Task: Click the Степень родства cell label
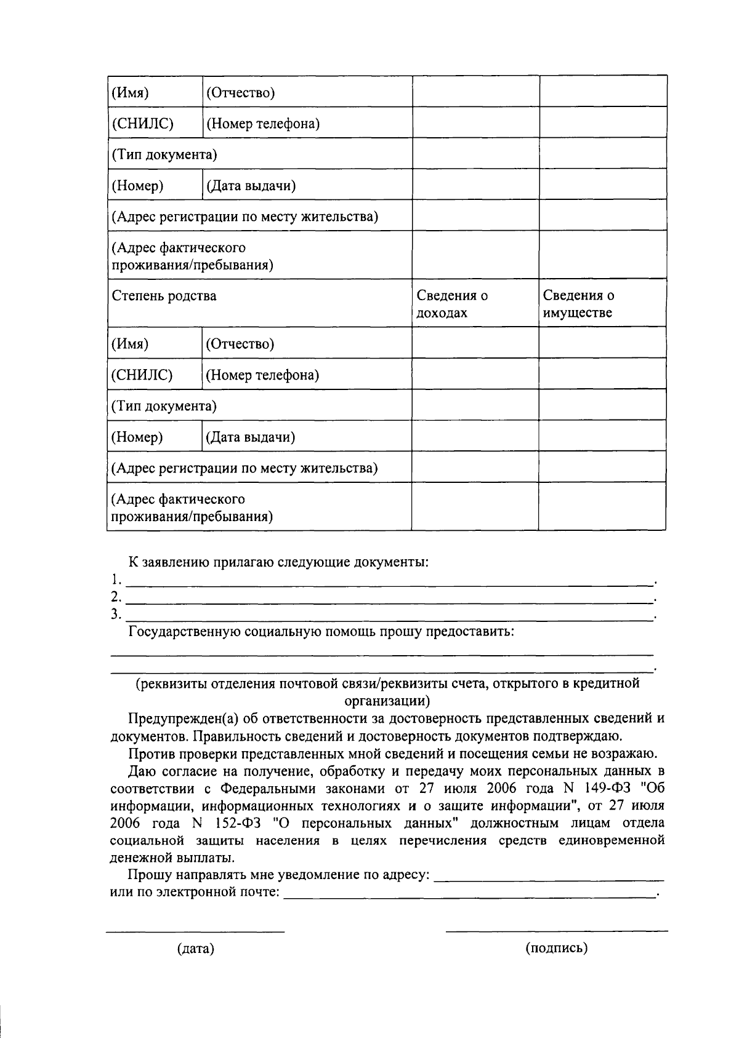pyautogui.click(x=164, y=296)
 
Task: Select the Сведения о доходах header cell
pyautogui.click(x=452, y=304)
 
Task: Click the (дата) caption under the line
pyautogui.click(x=195, y=949)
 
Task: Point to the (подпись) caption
pyautogui.click(x=557, y=948)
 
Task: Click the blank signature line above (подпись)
pyautogui.click(x=557, y=930)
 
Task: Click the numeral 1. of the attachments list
pyautogui.click(x=115, y=579)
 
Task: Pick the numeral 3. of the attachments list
pyautogui.click(x=115, y=614)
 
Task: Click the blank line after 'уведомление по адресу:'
pyautogui.click(x=549, y=880)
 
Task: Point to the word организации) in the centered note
pyautogui.click(x=387, y=701)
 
